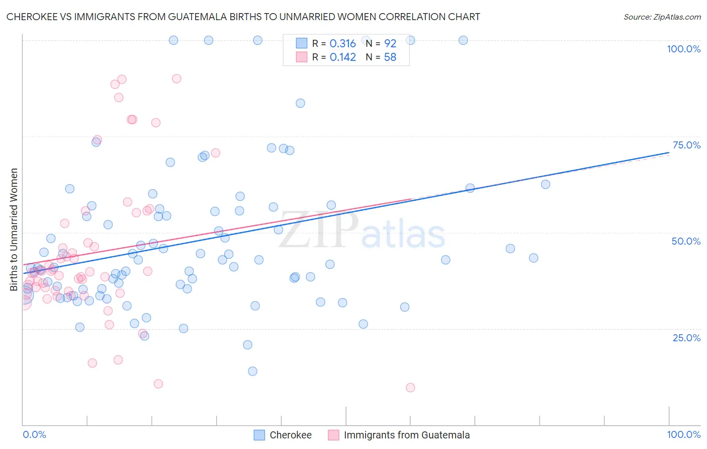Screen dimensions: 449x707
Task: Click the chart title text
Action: (x=243, y=17)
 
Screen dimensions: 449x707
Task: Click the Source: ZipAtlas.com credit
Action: (x=662, y=17)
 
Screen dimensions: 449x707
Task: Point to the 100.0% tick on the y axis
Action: (x=683, y=49)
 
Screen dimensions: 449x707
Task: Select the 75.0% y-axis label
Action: (x=686, y=145)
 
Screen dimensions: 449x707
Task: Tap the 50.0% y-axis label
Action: (x=686, y=241)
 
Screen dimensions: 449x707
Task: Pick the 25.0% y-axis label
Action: (x=686, y=337)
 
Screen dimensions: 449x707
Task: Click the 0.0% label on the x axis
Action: (x=34, y=434)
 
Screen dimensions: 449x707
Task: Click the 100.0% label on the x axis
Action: (x=683, y=434)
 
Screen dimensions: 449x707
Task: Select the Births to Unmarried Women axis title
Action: (x=14, y=230)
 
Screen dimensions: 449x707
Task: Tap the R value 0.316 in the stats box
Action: (x=342, y=44)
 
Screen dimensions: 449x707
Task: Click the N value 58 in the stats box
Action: (x=390, y=57)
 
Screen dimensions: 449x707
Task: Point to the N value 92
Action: (x=390, y=44)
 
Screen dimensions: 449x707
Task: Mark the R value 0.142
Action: (x=342, y=57)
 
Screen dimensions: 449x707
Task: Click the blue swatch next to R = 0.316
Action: (x=301, y=43)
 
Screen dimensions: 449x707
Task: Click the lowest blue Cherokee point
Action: (x=252, y=371)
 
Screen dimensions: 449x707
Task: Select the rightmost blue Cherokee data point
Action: (x=546, y=184)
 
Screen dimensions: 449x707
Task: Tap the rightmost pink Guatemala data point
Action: (x=410, y=388)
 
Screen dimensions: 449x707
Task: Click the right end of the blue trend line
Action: (x=669, y=152)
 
